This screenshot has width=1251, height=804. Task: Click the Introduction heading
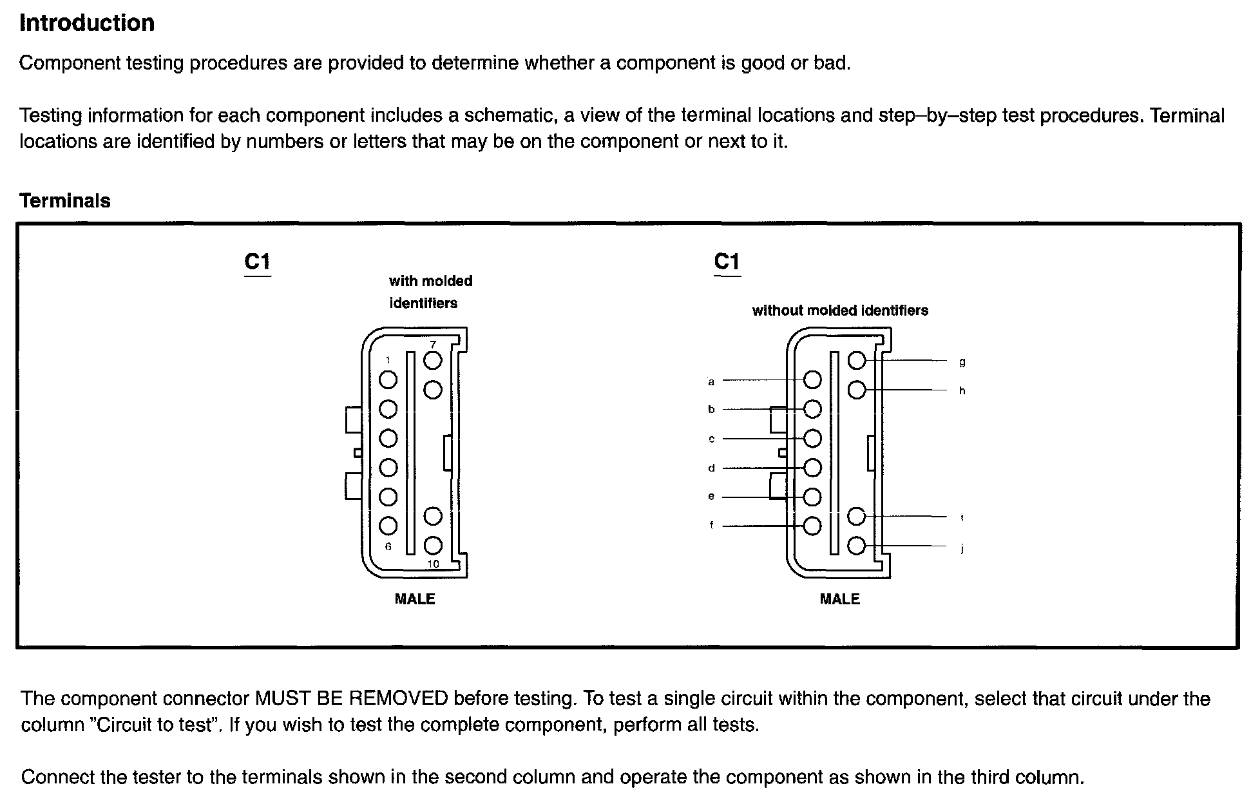(87, 23)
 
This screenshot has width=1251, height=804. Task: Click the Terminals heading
(65, 201)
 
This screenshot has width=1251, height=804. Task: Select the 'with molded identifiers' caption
(430, 292)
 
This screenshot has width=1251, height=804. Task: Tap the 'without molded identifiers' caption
(840, 311)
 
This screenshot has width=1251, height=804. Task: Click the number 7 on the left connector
(433, 345)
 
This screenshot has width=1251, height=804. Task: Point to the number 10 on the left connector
(433, 564)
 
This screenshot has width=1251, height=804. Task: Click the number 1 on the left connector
(387, 360)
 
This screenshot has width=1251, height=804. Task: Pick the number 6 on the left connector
(388, 546)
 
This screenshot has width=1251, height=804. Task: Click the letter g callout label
(962, 362)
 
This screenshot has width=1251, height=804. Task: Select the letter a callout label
(711, 381)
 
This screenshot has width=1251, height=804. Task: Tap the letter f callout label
(711, 525)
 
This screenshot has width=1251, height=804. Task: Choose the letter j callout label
(962, 548)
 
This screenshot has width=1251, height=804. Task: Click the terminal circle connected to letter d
(813, 468)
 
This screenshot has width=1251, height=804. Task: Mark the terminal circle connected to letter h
(857, 390)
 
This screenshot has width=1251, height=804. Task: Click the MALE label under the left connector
(415, 599)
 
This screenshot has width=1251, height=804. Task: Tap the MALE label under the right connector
(839, 599)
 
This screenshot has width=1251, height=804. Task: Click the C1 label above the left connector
(258, 262)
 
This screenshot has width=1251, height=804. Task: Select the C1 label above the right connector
(727, 262)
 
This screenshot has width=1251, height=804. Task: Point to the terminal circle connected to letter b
(813, 409)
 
